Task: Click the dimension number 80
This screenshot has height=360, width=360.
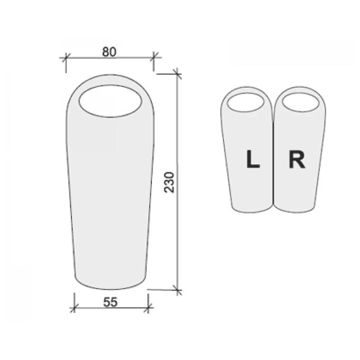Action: point(109,52)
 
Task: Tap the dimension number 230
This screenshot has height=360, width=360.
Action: point(169,182)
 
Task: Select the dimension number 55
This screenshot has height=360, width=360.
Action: point(111,302)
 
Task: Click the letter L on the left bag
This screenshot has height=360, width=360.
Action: point(253,159)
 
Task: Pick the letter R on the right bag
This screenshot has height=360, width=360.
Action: point(297,159)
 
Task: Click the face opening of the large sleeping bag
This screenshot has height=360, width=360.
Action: point(111,101)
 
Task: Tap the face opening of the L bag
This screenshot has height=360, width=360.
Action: point(246,102)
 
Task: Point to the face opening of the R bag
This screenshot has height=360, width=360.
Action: point(301,102)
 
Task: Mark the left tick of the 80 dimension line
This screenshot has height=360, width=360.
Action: point(66,57)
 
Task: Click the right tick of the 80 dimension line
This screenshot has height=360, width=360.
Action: point(154,57)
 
